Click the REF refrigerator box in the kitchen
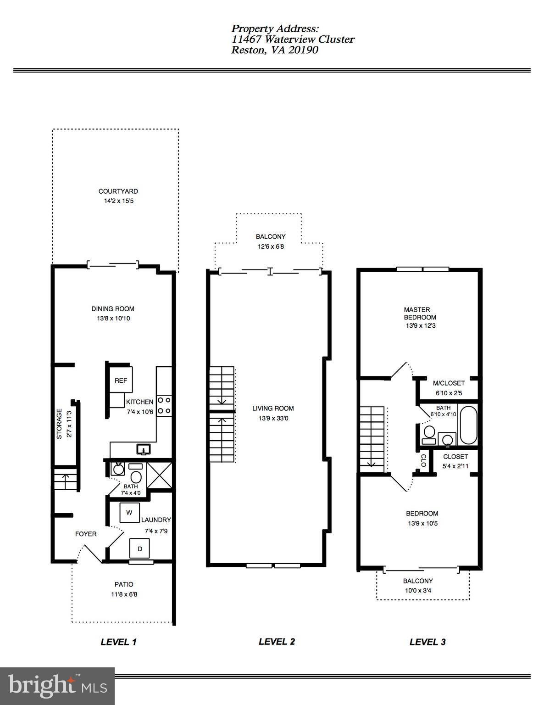[x=121, y=380]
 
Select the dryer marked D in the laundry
[x=140, y=548]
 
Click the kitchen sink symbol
[x=144, y=449]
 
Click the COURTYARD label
[x=118, y=191]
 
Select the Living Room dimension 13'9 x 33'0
[x=273, y=418]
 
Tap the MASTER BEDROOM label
[x=420, y=313]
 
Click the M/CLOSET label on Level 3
[x=449, y=383]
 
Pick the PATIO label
[x=124, y=584]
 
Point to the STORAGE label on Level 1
[x=59, y=424]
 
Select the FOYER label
[x=86, y=534]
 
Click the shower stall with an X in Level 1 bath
[x=159, y=476]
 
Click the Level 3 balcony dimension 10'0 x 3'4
[x=418, y=590]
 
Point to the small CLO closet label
[x=423, y=460]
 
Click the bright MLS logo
[x=57, y=686]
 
